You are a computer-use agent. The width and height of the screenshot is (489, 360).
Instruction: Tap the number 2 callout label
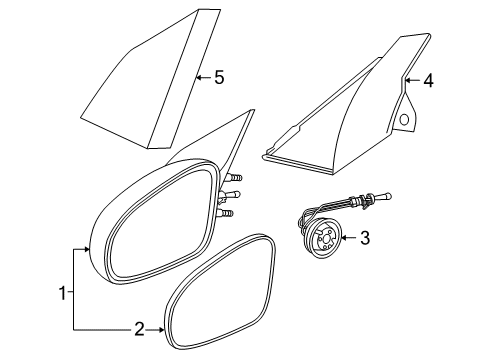141,326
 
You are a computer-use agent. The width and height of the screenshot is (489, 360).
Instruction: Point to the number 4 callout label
427,82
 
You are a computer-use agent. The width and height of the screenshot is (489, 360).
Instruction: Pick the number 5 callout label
219,75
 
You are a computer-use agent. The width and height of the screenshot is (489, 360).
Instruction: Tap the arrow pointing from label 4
410,82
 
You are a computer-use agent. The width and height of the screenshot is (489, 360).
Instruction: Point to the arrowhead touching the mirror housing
88,249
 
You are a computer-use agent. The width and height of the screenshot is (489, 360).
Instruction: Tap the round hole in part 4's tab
403,119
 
